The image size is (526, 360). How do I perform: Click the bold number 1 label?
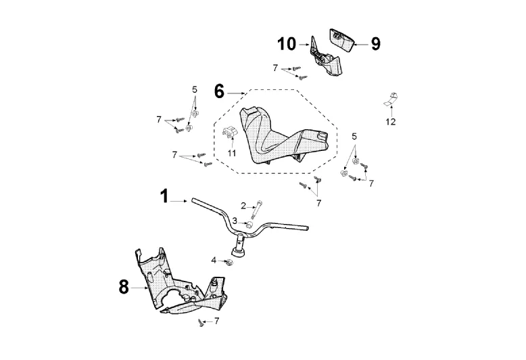click(x=163, y=197)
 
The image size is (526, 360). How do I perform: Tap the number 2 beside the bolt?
click(x=243, y=206)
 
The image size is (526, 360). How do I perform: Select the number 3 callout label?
click(x=235, y=221)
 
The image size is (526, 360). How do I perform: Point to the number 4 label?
click(x=214, y=260)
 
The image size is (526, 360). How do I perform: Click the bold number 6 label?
click(x=219, y=91)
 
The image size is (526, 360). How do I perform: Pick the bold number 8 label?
click(x=124, y=287)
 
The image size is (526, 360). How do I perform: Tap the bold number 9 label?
click(x=375, y=44)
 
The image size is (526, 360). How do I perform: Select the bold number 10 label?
click(x=287, y=45)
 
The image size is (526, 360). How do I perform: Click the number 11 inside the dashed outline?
click(x=232, y=154)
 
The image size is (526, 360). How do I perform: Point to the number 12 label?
click(x=391, y=122)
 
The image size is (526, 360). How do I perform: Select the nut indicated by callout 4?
click(x=228, y=263)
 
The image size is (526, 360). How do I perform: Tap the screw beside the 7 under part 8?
click(x=201, y=323)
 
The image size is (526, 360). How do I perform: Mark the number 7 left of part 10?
click(x=275, y=68)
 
